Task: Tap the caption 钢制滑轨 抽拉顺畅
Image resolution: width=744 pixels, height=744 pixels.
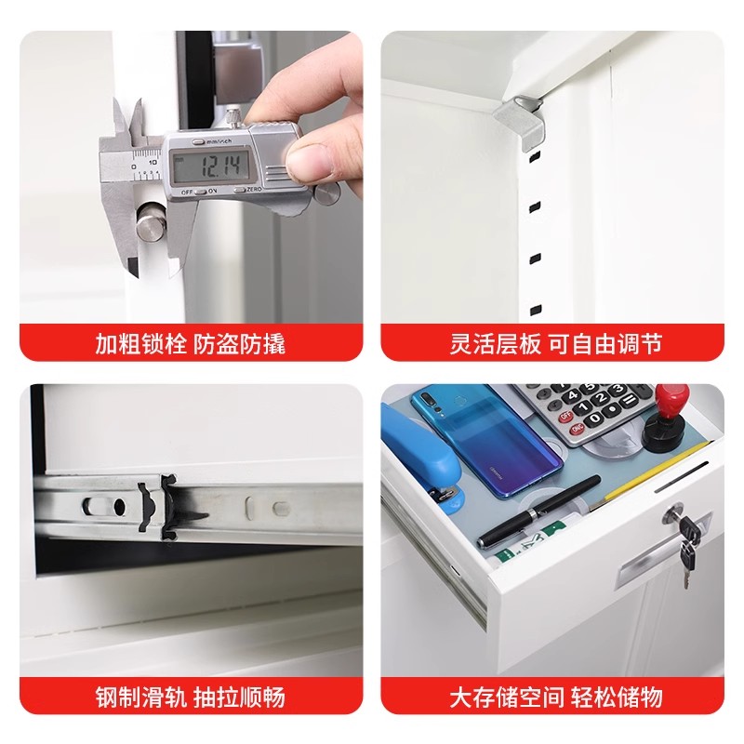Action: (x=190, y=697)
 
